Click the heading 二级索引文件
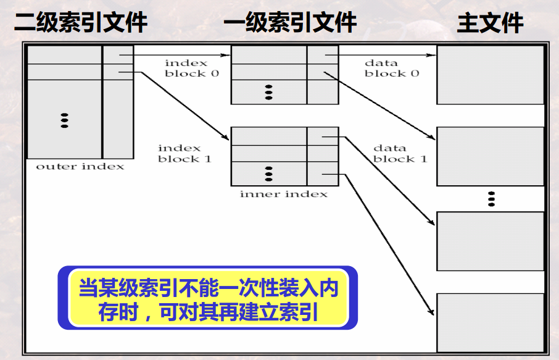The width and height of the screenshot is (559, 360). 81,23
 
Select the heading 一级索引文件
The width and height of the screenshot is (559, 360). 289,23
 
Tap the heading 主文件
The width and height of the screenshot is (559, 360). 490,23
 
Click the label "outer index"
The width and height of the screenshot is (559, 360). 80,167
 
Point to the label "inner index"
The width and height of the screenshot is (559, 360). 283,194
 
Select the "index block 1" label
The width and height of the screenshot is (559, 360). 184,153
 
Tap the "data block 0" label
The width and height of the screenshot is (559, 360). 391,68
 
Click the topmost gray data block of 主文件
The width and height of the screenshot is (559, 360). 490,75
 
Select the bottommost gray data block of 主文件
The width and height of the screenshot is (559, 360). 490,322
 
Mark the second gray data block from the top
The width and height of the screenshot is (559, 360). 490,156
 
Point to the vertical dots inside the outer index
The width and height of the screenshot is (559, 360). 64,120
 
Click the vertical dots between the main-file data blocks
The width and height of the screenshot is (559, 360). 491,199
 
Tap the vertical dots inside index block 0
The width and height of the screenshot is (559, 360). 268,93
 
